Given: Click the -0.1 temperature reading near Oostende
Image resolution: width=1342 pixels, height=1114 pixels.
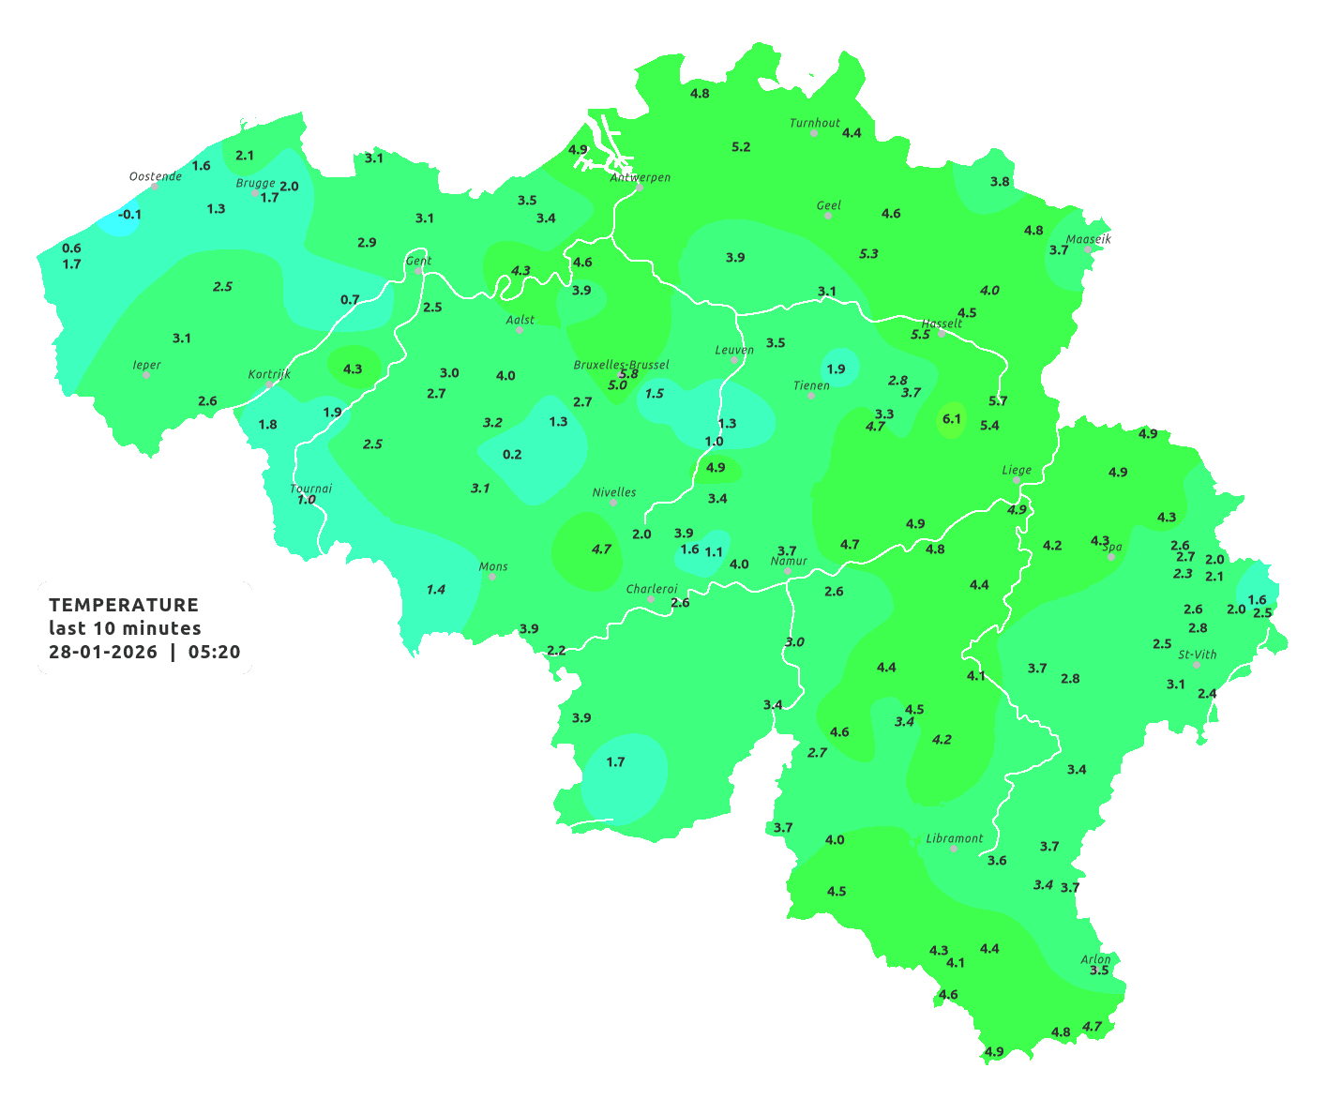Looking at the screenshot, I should point(129,215).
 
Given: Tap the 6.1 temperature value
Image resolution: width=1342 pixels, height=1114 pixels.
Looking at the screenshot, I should point(952,419).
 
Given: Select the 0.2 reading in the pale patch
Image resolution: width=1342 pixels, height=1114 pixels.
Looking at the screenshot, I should point(512,455).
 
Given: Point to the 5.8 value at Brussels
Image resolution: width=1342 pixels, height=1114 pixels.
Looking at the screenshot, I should point(628,374).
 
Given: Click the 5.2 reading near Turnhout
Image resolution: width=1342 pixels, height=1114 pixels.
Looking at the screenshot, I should point(741,147).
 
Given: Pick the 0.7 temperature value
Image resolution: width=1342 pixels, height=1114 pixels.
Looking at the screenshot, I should point(350,300).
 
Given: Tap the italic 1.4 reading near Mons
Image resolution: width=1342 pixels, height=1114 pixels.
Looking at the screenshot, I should point(436,590).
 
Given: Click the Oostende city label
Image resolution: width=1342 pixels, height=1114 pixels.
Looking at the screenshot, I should point(155,176).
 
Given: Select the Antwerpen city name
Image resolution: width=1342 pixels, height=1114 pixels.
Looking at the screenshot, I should point(641,177).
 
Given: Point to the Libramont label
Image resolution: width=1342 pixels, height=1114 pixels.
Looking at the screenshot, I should point(955,838).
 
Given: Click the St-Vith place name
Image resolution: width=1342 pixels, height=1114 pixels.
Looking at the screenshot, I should point(1198,655).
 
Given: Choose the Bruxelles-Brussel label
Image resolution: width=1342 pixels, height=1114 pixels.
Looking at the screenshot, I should point(622,364).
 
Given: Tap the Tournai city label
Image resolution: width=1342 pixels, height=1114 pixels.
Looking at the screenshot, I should point(311,489).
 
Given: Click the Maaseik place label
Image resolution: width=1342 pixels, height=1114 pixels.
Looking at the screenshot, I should point(1088,239).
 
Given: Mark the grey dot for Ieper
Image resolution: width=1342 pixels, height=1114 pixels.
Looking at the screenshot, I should point(146,375).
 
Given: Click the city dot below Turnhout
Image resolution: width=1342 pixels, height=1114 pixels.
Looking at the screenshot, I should point(814,133).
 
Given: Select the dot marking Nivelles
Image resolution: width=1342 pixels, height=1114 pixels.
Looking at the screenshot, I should point(613,503).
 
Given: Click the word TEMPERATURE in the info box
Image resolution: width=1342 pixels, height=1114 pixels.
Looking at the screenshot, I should point(124,605).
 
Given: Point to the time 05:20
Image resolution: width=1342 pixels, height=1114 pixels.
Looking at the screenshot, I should point(214,652).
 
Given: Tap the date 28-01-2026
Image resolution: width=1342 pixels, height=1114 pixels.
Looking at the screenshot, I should point(103,652).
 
